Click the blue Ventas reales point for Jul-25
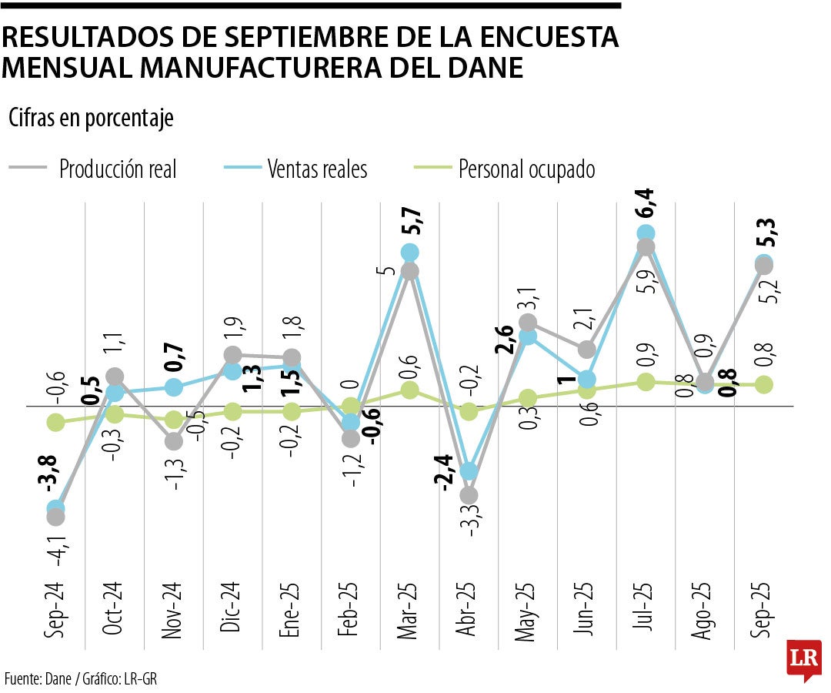click(646, 233)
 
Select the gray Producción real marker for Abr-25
click(469, 494)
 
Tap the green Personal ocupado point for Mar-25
click(410, 390)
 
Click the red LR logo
click(803, 659)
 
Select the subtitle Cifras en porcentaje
click(91, 119)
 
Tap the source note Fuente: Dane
click(36, 678)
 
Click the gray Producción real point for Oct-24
click(115, 377)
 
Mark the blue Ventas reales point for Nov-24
click(174, 387)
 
